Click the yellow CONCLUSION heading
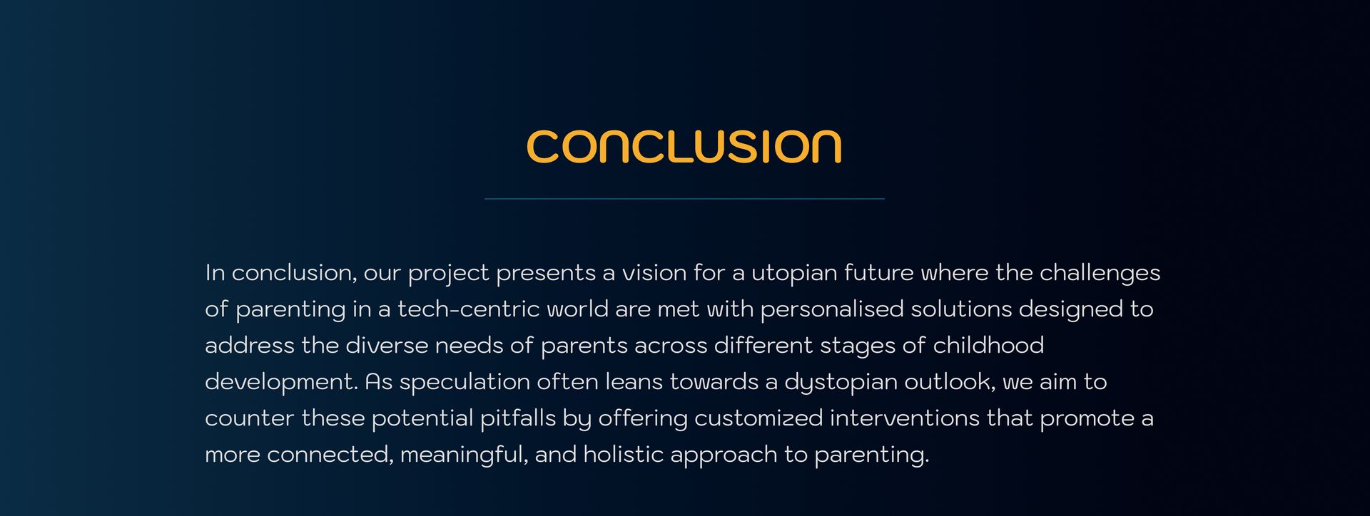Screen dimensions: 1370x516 click(684, 147)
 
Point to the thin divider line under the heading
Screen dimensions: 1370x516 click(684, 199)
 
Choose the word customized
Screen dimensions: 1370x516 click(758, 418)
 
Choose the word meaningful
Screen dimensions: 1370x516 click(465, 455)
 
